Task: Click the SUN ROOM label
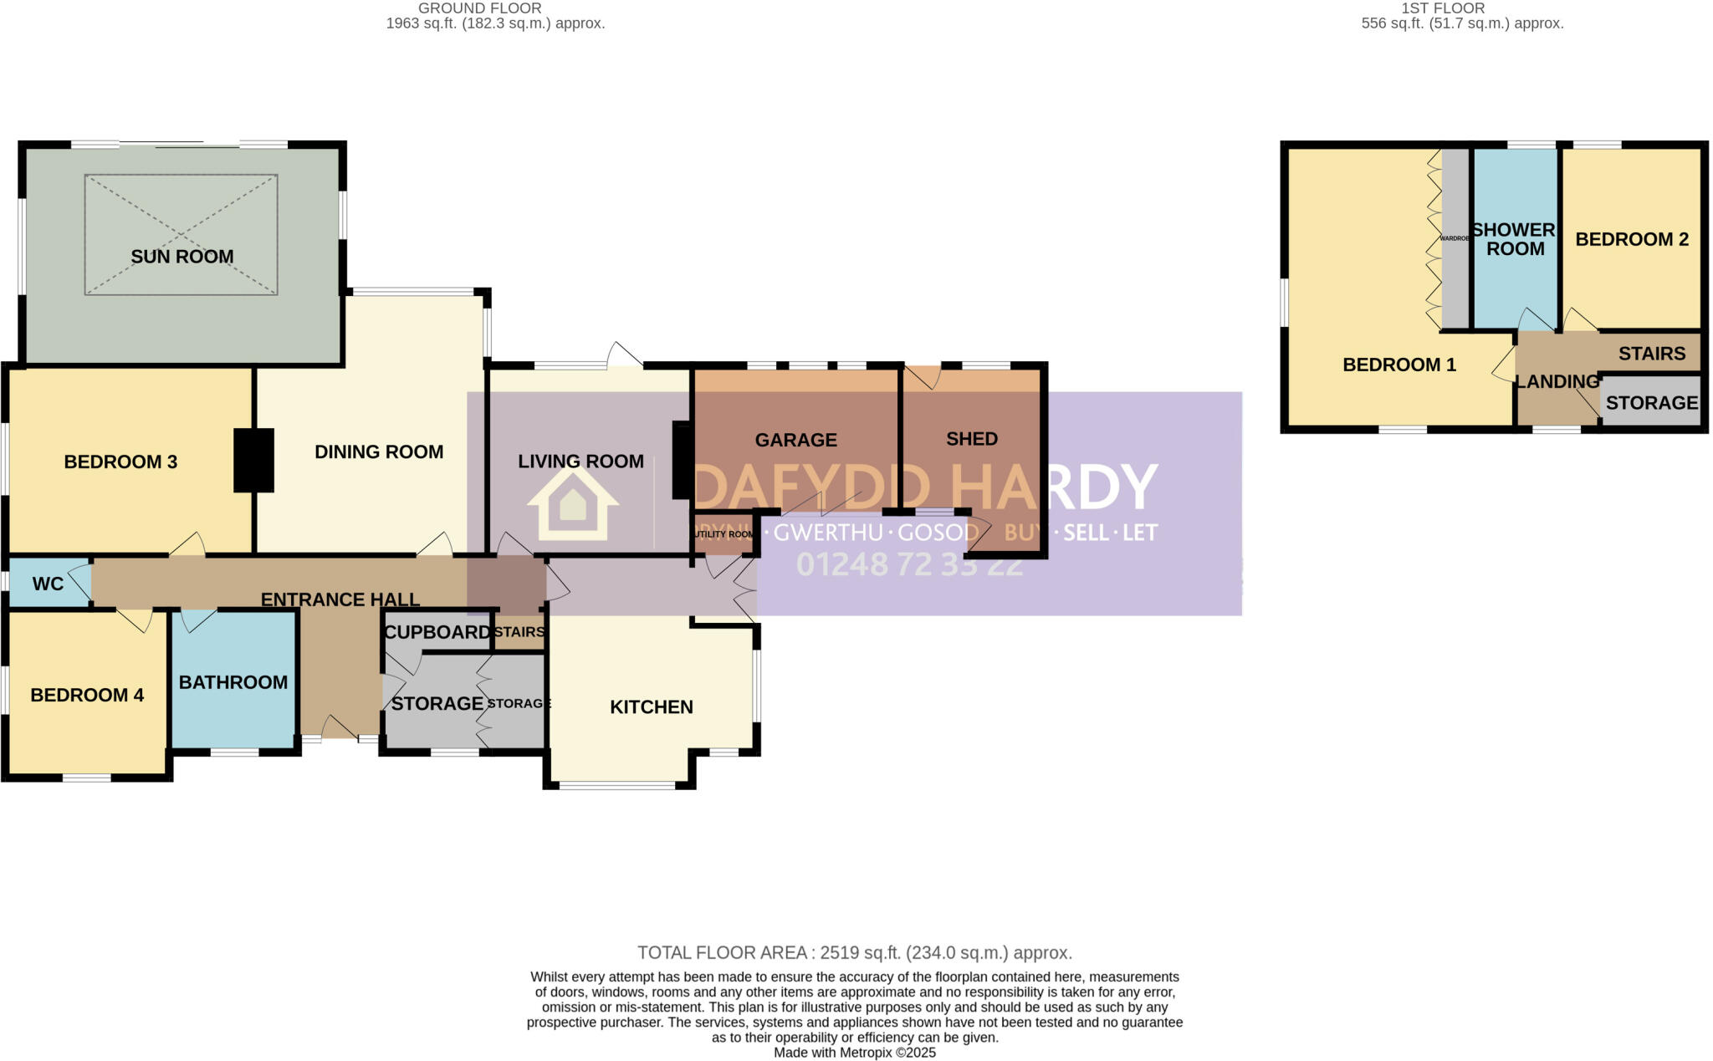[182, 257]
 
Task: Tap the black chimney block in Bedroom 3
[253, 460]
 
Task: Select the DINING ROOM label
[378, 452]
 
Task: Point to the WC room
[48, 584]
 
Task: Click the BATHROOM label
[233, 682]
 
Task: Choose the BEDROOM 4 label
[87, 695]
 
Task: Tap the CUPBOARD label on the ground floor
[437, 633]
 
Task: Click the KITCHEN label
[651, 707]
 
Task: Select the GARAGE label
[795, 440]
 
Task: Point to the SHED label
[971, 439]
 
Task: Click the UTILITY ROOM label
[724, 534]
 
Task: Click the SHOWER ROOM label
[1514, 239]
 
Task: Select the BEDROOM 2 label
[1631, 240]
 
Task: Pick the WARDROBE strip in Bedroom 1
[1455, 238]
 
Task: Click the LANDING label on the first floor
[1557, 382]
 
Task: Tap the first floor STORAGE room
[1651, 403]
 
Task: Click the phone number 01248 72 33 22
[909, 564]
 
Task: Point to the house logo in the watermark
[572, 503]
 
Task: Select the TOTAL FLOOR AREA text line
[854, 952]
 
